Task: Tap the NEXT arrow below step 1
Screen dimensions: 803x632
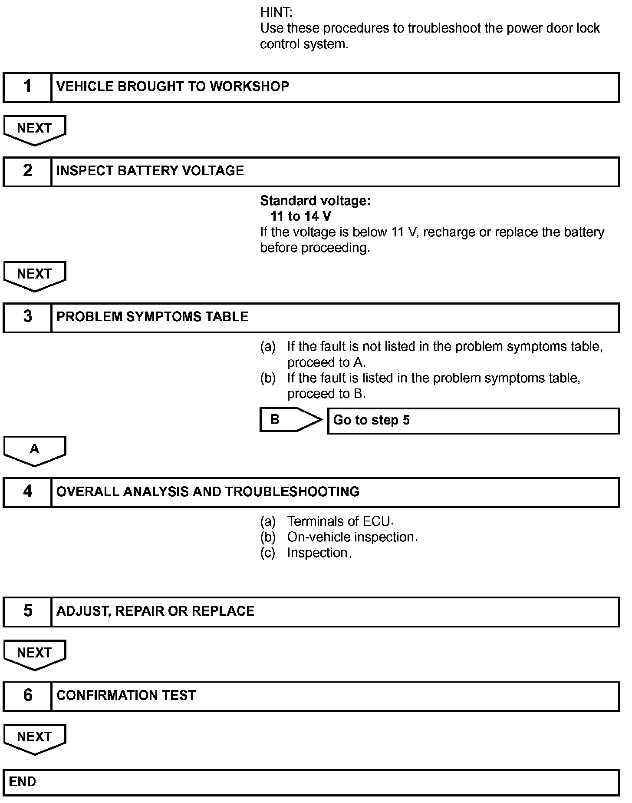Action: tap(35, 129)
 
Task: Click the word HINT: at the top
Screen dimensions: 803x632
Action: tap(276, 13)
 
